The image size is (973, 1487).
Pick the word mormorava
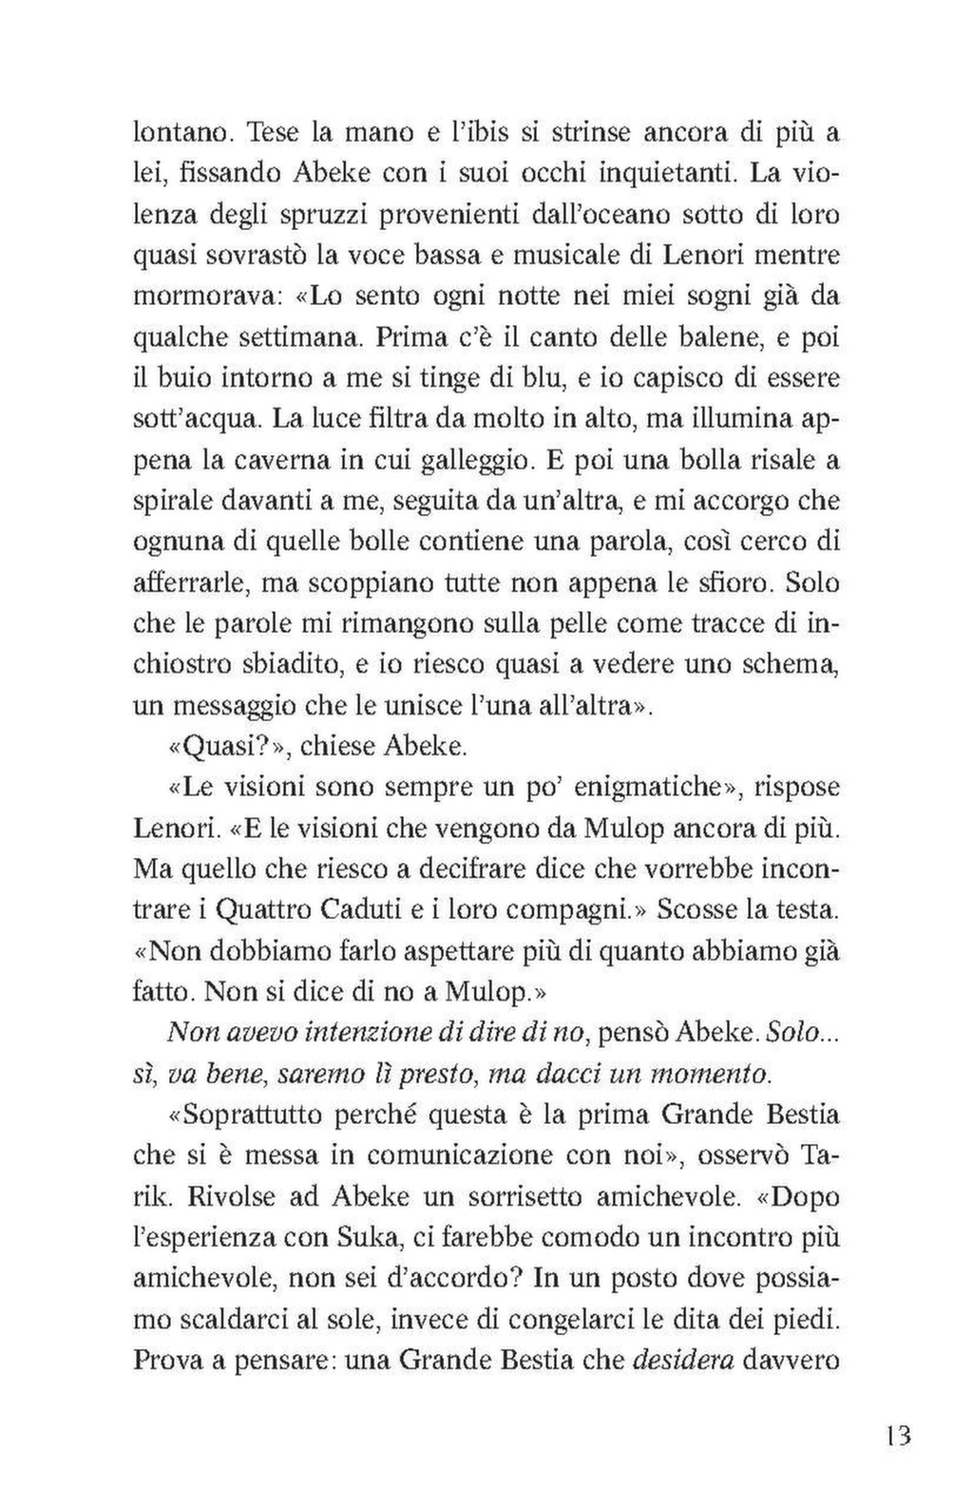pos(201,296)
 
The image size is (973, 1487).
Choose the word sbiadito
pos(284,665)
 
